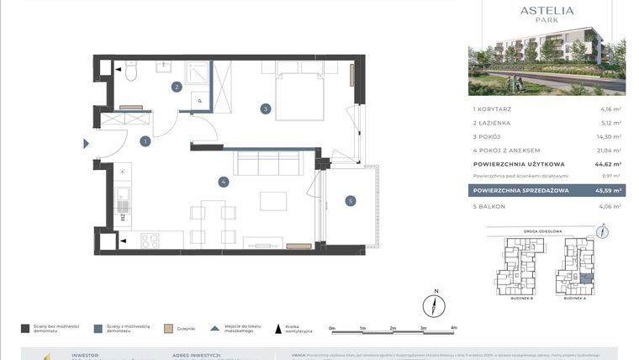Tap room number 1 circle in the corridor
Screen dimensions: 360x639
pyautogui.click(x=145, y=141)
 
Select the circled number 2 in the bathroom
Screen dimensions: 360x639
pyautogui.click(x=177, y=87)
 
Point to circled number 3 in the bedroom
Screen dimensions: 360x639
pyautogui.click(x=265, y=109)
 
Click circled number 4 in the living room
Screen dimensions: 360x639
pyautogui.click(x=223, y=181)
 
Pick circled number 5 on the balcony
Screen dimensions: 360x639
pyautogui.click(x=351, y=200)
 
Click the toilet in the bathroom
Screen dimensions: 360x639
pyautogui.click(x=131, y=74)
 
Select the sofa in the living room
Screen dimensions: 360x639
pyautogui.click(x=268, y=163)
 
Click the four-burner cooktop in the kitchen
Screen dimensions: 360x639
pyautogui.click(x=150, y=241)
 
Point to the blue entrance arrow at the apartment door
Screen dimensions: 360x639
pyautogui.click(x=85, y=144)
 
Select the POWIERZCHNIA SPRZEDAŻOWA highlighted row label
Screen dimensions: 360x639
pyautogui.click(x=521, y=191)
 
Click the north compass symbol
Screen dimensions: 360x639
pyautogui.click(x=435, y=304)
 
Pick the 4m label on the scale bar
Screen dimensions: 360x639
pyautogui.click(x=453, y=328)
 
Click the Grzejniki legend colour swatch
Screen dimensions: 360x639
pyautogui.click(x=168, y=329)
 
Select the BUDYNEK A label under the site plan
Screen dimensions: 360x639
pyautogui.click(x=575, y=298)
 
